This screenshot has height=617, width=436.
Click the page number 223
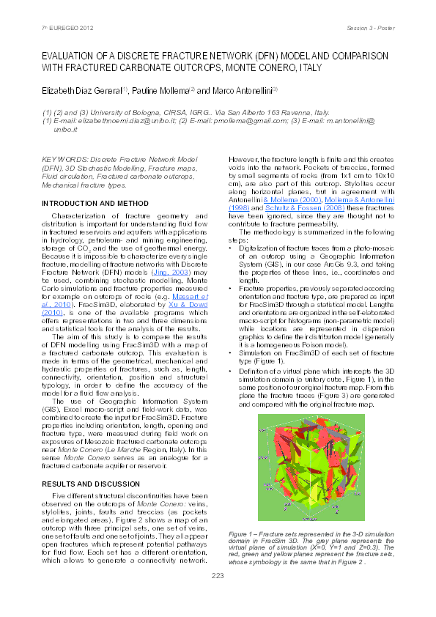click(218, 577)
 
